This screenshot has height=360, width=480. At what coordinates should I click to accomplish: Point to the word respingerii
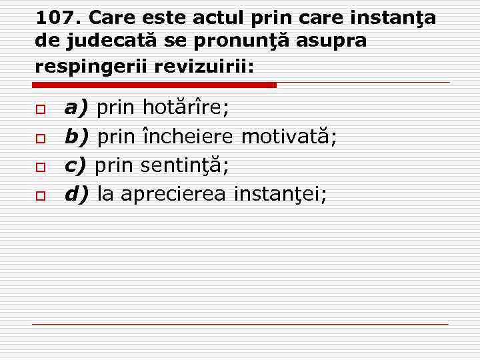[x=91, y=66]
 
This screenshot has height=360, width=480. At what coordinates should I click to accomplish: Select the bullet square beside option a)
[x=40, y=109]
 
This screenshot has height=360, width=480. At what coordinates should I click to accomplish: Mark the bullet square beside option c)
[x=40, y=167]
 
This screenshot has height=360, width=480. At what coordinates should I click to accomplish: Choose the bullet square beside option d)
[x=40, y=195]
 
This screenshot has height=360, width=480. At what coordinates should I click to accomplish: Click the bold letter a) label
[x=77, y=107]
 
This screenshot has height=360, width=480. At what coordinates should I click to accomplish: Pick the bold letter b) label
[x=77, y=137]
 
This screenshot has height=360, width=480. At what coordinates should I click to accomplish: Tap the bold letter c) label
[x=76, y=165]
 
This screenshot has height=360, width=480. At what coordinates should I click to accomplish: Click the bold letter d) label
[x=77, y=194]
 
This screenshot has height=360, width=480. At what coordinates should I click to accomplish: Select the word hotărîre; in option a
[x=186, y=107]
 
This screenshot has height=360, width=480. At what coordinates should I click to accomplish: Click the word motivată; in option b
[x=289, y=137]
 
